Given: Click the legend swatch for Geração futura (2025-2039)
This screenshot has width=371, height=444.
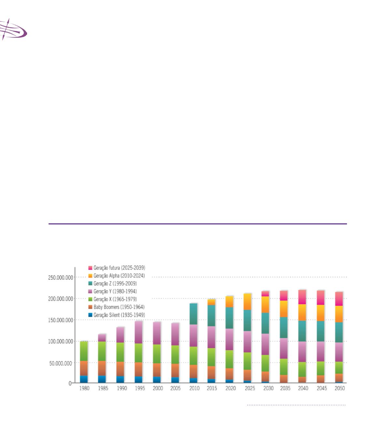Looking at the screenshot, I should point(91,268).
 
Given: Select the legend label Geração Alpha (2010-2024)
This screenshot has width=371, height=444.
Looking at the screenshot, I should point(119,276).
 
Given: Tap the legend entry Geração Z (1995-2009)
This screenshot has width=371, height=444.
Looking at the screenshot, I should point(115,284).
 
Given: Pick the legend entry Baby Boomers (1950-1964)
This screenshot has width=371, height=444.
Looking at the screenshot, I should point(119,307).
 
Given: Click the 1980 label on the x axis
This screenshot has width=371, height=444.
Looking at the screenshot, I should point(85,389).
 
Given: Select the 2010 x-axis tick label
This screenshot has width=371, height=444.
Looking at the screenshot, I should point(194,389).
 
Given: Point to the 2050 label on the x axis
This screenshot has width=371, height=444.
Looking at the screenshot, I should point(339,389).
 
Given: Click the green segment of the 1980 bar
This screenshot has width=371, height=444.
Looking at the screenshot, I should point(84,351).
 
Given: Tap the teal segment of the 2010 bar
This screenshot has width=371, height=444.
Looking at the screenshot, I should point(194,314).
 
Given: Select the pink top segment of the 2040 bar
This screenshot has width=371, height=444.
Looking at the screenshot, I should point(302,297).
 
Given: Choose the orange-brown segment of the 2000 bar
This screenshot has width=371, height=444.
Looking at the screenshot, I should point(157,370).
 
